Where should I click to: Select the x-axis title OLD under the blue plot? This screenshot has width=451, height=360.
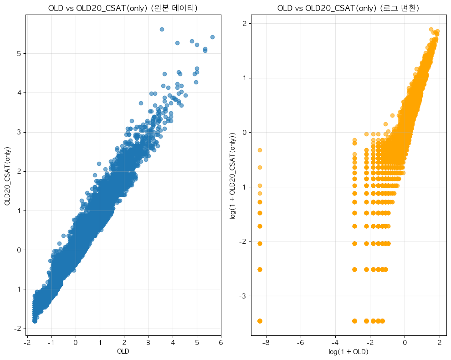[123, 351]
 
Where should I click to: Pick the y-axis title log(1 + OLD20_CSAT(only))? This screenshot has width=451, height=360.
[233, 175]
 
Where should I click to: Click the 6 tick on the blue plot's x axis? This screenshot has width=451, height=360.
[221, 343]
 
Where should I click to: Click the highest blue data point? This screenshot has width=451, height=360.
[162, 29]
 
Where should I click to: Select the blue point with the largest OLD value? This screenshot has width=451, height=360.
[212, 37]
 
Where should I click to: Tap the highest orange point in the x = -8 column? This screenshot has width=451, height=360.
[260, 150]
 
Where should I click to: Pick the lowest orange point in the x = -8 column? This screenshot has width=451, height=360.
[260, 321]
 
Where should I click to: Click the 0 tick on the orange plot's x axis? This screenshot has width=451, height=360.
[405, 343]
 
